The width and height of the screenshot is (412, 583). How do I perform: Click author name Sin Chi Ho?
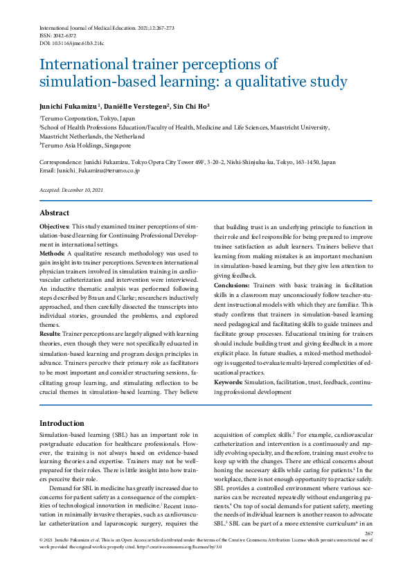click(190, 106)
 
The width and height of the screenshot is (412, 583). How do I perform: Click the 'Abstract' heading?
click(54, 213)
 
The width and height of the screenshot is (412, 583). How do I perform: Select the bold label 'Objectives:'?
click(54, 227)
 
